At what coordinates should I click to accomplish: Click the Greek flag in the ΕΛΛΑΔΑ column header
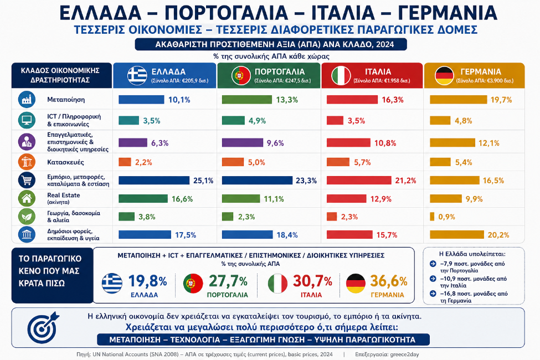137,75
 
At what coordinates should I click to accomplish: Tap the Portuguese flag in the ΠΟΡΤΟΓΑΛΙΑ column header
241,75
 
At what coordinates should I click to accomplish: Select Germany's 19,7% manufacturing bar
459,100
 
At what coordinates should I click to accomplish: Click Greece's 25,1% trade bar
154,180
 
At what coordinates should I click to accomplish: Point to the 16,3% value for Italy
393,100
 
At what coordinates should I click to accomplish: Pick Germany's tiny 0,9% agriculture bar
432,217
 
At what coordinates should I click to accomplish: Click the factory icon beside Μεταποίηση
27,100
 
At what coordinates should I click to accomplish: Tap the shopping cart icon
27,180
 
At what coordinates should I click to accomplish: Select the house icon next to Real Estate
27,198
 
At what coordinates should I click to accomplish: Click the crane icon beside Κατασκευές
27,162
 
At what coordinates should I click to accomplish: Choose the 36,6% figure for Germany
389,281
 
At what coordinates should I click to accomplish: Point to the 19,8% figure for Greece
147,281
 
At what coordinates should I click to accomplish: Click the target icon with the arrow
43,327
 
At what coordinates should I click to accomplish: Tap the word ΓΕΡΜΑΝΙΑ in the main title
448,13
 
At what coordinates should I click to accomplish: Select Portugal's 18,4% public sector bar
247,235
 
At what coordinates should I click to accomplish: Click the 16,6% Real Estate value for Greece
182,199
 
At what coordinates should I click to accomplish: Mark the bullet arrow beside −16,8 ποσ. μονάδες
433,294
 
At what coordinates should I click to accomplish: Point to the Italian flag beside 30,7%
277,284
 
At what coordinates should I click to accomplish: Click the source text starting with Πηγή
204,354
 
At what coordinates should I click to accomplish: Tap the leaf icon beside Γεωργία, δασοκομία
27,217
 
